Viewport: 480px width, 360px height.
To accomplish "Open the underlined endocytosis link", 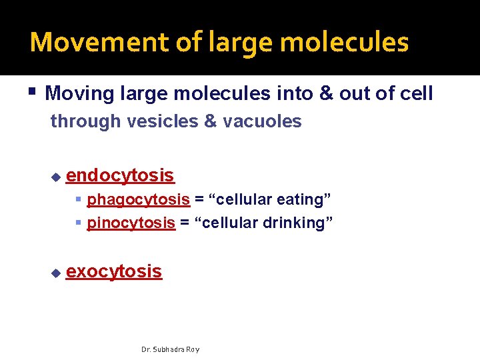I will coord(120,175).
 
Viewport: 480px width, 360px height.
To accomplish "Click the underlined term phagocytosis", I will coord(138,199).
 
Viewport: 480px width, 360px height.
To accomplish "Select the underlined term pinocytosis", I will coord(131,222).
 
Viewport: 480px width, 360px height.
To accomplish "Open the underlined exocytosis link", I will coord(114,271).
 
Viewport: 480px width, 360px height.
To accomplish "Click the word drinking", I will coord(296,222).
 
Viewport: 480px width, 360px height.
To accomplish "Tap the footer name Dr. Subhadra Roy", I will coord(170,349).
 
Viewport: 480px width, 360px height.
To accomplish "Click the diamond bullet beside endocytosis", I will coord(56,177).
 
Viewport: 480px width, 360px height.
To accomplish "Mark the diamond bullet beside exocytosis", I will coord(56,273).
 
